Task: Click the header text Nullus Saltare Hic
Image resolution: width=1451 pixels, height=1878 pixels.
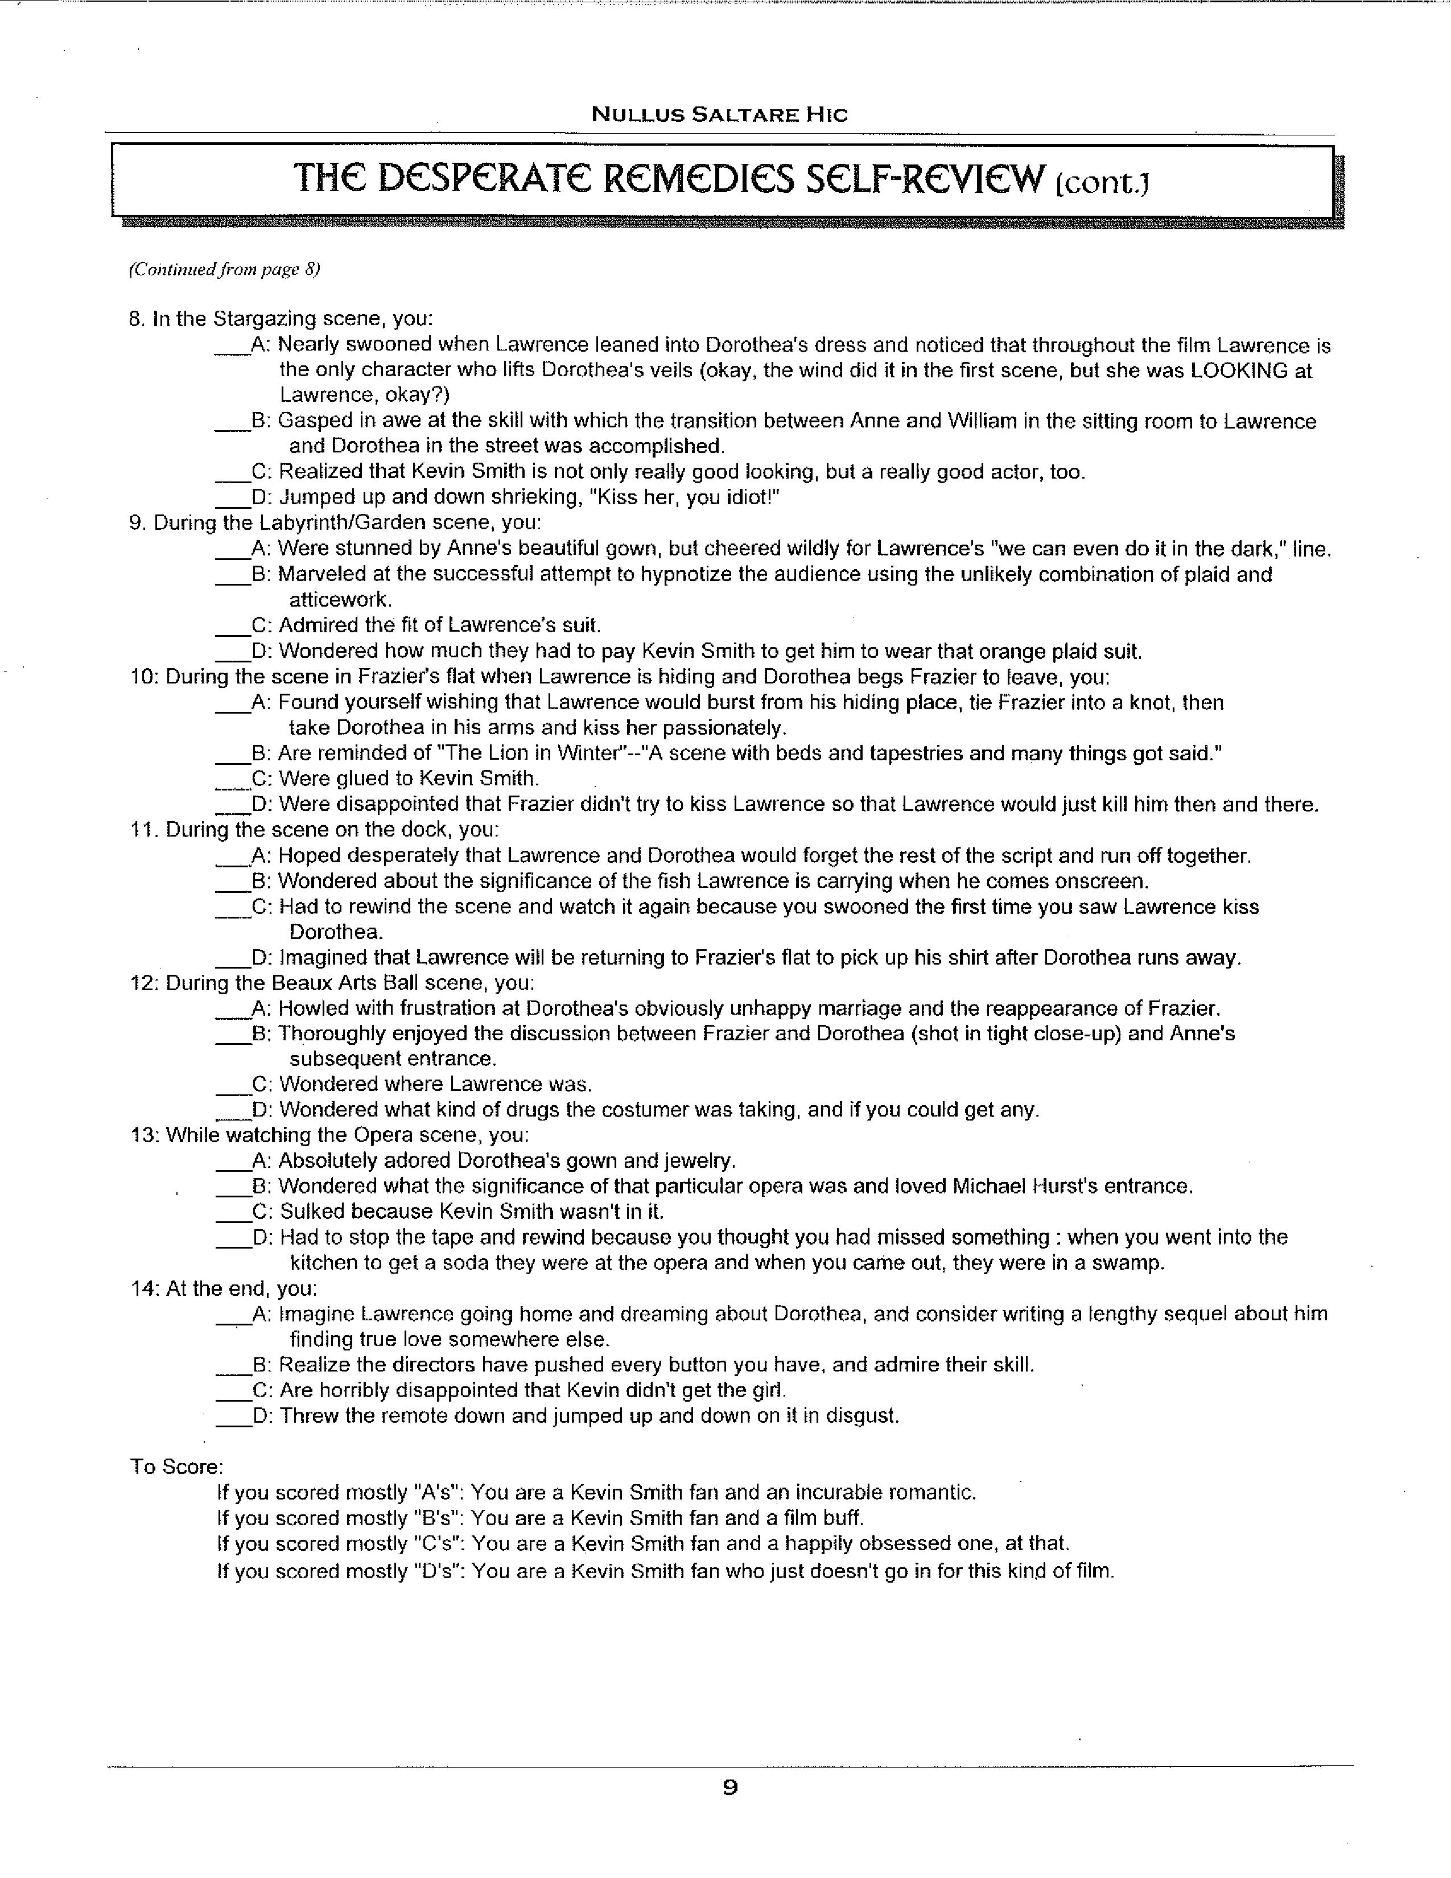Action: coord(719,114)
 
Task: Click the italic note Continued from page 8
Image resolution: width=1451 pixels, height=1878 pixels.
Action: coord(224,269)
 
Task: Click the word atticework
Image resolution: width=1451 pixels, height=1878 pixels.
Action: coord(340,599)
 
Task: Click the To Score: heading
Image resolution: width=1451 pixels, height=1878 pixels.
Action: coord(176,1466)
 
